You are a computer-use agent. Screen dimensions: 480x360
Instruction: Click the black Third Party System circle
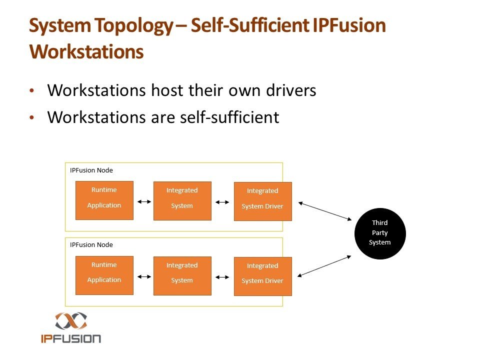380,233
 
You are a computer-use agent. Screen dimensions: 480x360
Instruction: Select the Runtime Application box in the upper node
104,200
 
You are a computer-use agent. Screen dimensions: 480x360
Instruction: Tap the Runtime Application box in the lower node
104,275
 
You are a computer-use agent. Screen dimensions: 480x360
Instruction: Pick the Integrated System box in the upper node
182,200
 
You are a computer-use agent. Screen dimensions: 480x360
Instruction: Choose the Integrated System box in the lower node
182,275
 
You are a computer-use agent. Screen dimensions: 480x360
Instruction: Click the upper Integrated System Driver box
262,201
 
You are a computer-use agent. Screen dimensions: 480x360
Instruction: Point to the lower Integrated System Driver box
262,276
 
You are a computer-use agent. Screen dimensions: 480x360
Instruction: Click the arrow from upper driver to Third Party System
325,210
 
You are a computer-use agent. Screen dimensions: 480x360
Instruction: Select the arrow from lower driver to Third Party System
325,265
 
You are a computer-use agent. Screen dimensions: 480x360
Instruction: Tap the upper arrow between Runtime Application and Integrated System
143,202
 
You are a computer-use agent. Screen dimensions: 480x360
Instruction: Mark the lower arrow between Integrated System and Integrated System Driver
222,277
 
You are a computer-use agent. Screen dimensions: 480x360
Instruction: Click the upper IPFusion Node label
91,170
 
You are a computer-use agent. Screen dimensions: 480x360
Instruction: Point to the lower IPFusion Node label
91,245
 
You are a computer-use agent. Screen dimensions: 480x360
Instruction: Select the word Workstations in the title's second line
86,52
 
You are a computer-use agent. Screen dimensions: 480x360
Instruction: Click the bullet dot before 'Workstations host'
32,91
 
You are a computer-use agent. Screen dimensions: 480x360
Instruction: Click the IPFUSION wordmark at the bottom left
70,338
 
